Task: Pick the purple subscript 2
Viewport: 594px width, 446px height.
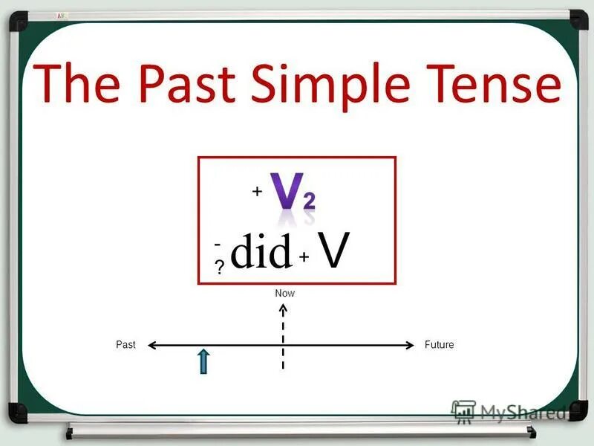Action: click(x=308, y=199)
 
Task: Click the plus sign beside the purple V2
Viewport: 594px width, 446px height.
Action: click(x=257, y=192)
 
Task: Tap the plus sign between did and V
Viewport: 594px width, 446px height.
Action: click(x=304, y=256)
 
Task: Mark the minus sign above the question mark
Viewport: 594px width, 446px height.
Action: click(x=218, y=244)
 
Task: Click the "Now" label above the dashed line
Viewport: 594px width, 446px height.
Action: click(x=284, y=294)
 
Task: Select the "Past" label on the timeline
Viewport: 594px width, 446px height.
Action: click(x=125, y=345)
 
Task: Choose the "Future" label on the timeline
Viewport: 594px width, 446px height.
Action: click(x=439, y=345)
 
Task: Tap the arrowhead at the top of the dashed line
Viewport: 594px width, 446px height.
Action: click(x=283, y=307)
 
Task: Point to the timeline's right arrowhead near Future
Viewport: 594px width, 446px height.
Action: click(x=408, y=345)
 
